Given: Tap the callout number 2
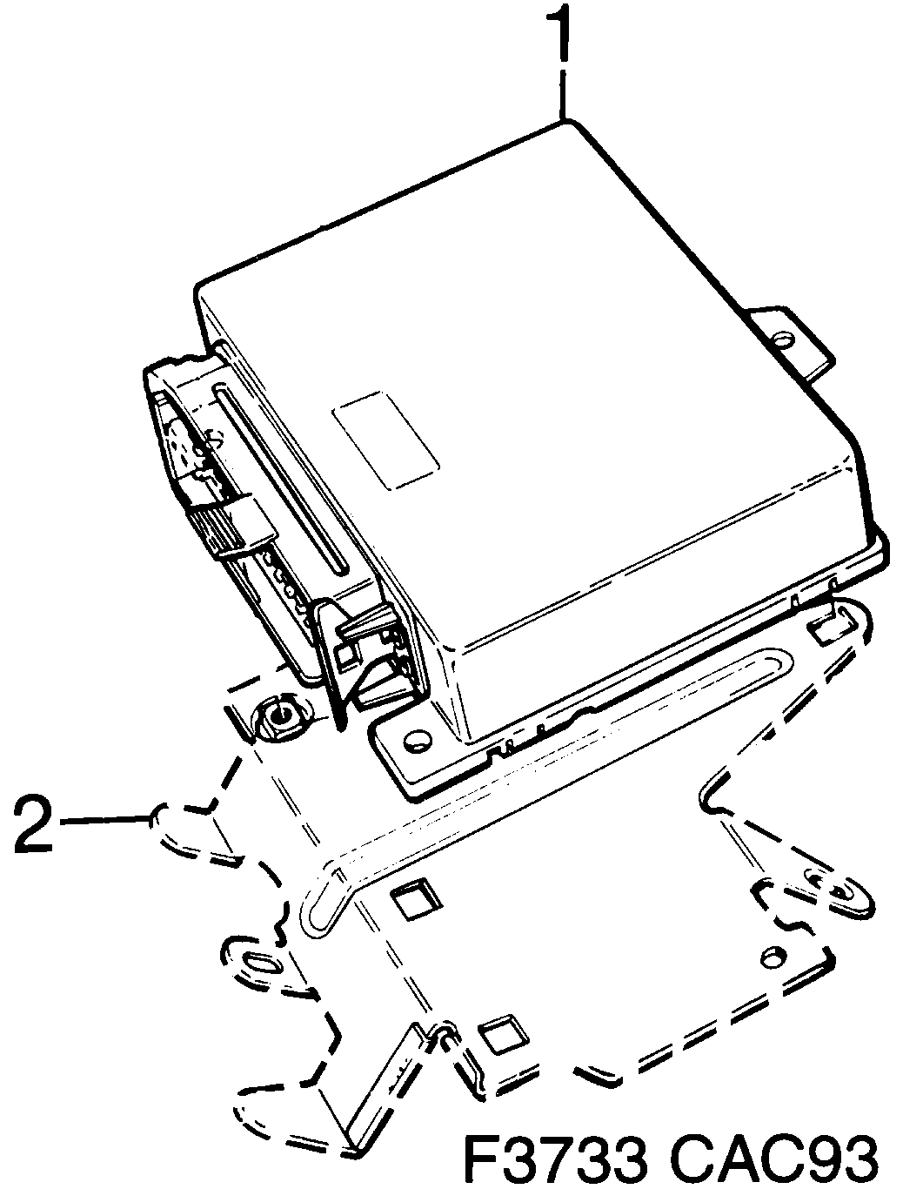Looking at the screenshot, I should (32, 823).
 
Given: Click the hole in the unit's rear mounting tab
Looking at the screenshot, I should (782, 340).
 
